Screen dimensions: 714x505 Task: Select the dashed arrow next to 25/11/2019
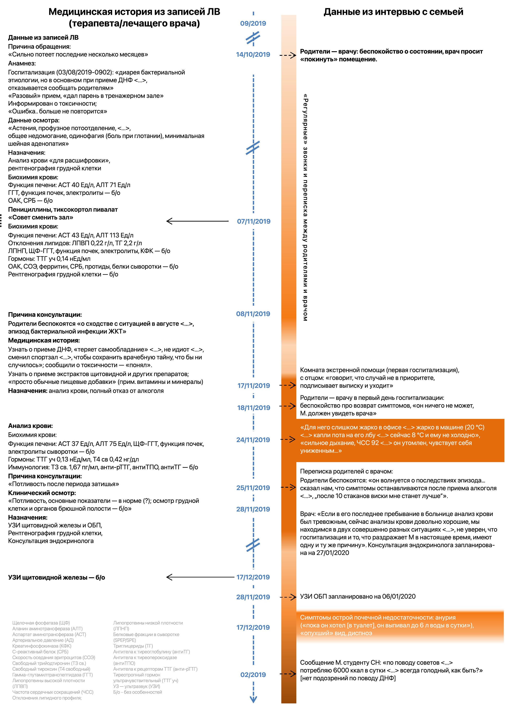(288, 487)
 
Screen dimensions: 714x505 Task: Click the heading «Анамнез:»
(22, 64)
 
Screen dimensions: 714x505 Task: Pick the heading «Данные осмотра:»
(34, 120)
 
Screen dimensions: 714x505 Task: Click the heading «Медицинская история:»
(44, 341)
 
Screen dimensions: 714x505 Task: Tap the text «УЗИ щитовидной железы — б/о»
(57, 577)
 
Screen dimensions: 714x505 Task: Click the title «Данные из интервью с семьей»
(393, 12)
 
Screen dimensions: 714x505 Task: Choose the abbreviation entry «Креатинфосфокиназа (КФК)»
(42, 646)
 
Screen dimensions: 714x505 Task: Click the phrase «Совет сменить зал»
(41, 217)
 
